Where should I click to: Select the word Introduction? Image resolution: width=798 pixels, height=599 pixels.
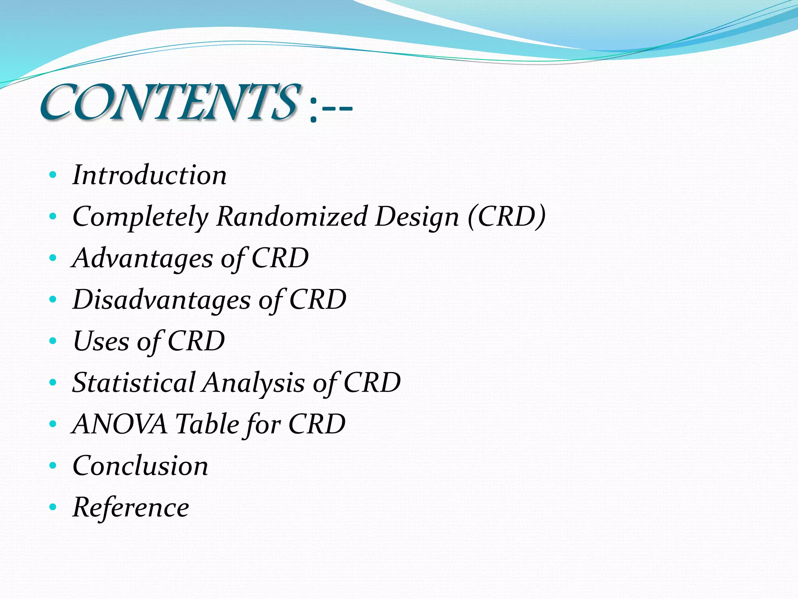[x=149, y=175]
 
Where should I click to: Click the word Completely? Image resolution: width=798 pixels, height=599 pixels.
[x=140, y=217]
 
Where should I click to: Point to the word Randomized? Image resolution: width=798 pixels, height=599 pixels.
[x=292, y=216]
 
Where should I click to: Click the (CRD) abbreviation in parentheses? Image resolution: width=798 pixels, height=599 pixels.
[x=507, y=216]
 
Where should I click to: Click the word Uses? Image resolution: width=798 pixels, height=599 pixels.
[x=101, y=341]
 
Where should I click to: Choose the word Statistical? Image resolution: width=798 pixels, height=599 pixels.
[x=134, y=383]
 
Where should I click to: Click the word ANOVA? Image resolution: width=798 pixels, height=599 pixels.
[x=120, y=424]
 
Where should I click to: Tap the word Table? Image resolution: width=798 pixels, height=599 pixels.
[x=207, y=424]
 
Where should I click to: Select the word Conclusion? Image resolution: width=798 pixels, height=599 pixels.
[x=140, y=466]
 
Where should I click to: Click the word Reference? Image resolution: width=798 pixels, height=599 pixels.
[x=131, y=507]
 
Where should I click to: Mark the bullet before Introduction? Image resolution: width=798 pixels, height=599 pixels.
[x=53, y=175]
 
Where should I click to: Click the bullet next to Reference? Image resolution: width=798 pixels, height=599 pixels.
[x=53, y=507]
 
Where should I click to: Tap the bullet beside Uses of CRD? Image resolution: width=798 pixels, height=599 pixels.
[x=53, y=341]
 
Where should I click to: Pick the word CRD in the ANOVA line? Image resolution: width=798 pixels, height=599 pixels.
[x=316, y=424]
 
